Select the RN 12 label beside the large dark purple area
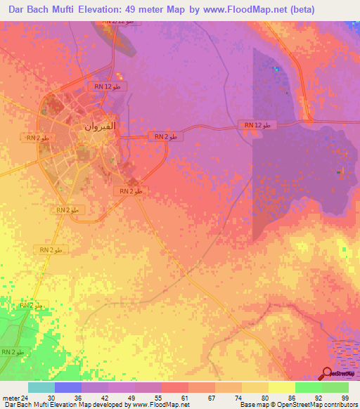(x=261, y=125)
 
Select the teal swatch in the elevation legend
(x=41, y=387)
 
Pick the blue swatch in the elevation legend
(x=68, y=387)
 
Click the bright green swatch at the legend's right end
(x=335, y=387)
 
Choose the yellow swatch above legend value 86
(x=281, y=387)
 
